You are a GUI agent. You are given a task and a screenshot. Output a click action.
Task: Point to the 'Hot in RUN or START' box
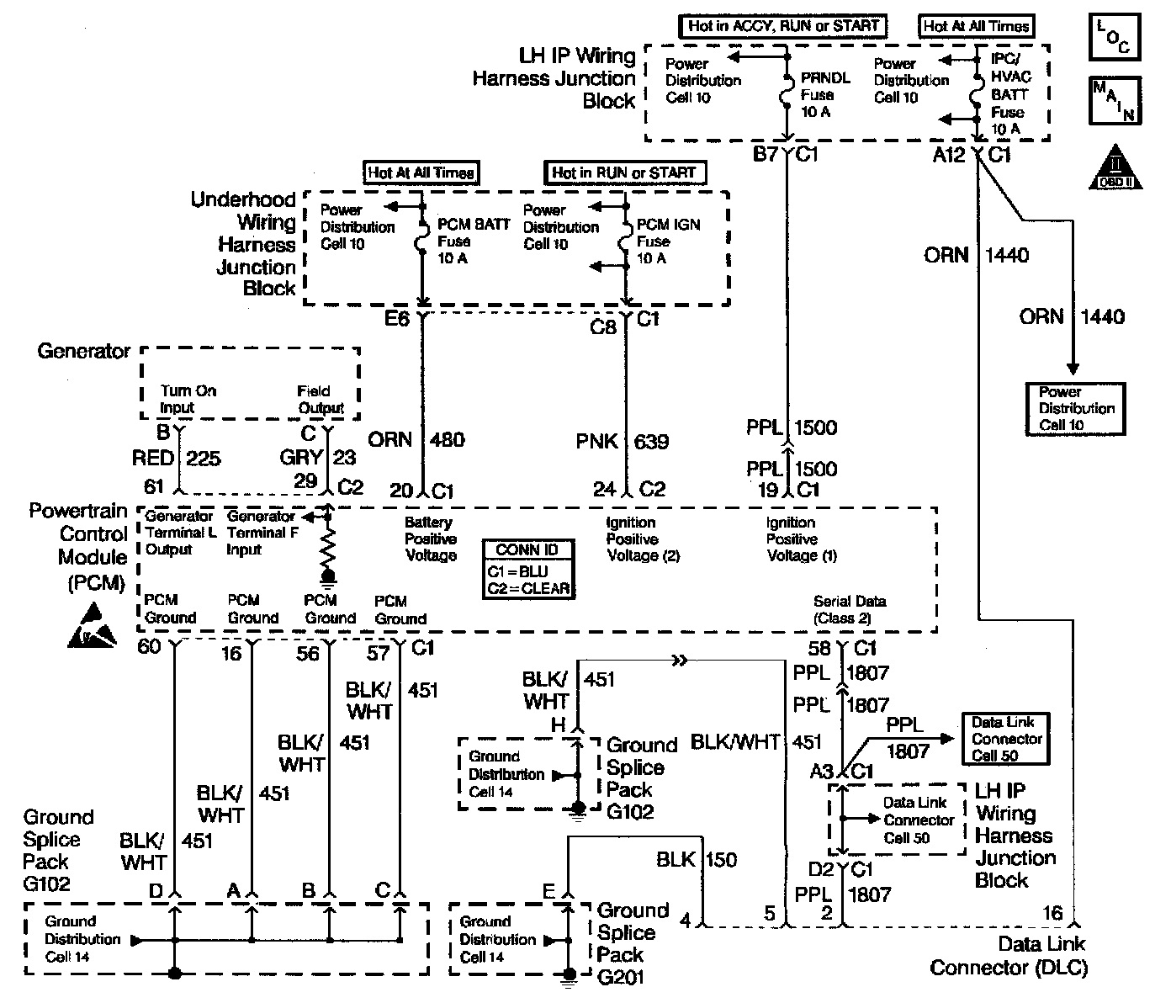click(x=624, y=172)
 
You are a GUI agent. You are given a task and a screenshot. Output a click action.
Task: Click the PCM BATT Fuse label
click(x=474, y=241)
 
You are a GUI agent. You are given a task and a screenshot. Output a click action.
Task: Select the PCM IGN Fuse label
click(x=668, y=241)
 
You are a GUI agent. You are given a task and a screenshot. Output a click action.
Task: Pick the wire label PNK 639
click(x=622, y=440)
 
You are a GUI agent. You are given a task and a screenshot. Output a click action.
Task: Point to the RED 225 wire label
click(x=176, y=458)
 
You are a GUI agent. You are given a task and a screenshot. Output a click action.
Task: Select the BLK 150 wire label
click(x=696, y=859)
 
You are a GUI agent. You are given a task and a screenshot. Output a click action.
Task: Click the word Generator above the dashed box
click(x=83, y=351)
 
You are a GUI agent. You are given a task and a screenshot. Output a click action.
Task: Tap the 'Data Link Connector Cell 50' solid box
click(x=1006, y=739)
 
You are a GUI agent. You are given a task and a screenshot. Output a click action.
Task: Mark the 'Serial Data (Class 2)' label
click(x=850, y=610)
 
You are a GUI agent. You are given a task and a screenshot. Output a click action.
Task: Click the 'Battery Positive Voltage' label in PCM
click(x=431, y=539)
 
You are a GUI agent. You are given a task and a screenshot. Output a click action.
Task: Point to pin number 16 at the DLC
click(x=1052, y=912)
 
